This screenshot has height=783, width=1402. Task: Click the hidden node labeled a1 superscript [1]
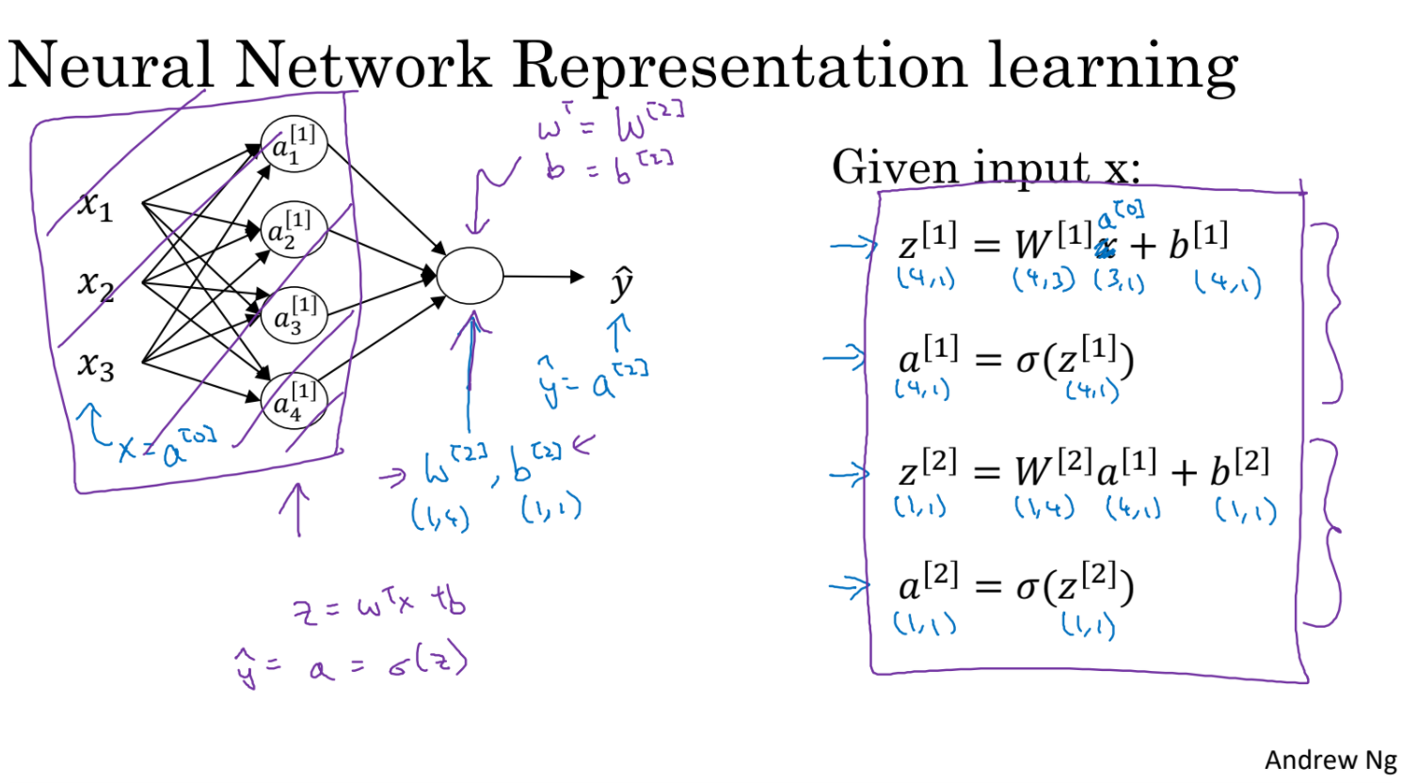pos(294,144)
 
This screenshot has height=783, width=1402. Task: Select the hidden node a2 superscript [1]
pos(294,229)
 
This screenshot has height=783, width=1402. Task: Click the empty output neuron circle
pos(470,277)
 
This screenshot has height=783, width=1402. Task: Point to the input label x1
pos(95,204)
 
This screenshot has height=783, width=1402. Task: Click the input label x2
pos(95,282)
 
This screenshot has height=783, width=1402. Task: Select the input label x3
pos(95,363)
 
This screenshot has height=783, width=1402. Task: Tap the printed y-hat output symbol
pos(621,282)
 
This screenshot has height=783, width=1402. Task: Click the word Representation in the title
pos(740,66)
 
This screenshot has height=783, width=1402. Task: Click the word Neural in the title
pos(111,66)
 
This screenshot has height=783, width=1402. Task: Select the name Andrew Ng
pos(1330,759)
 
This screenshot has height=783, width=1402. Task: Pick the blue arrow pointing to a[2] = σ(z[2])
pos(849,587)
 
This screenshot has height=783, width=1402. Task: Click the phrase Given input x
pos(985,168)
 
